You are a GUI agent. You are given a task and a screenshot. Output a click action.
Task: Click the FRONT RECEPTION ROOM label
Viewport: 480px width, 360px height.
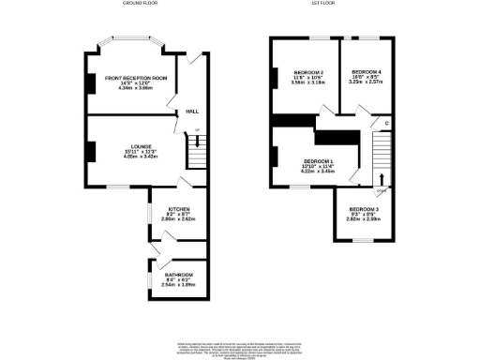(x=136, y=78)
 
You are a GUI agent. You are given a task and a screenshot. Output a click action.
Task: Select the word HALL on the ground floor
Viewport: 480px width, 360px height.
(x=192, y=111)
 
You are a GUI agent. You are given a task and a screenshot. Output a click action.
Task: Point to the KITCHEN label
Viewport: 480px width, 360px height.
(x=179, y=208)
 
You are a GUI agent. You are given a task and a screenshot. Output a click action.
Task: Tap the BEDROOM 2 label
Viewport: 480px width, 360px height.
(x=309, y=73)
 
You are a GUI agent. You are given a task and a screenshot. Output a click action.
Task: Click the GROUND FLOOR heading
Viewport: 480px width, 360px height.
(x=140, y=5)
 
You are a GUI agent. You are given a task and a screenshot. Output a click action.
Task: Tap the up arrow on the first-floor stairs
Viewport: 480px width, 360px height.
(x=382, y=179)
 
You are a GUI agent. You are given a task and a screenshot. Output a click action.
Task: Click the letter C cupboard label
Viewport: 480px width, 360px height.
(x=386, y=124)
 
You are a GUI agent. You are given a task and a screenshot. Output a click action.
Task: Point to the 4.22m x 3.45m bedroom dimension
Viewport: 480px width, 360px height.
(x=317, y=172)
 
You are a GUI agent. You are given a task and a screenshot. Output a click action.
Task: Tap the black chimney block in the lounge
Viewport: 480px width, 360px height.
(x=91, y=151)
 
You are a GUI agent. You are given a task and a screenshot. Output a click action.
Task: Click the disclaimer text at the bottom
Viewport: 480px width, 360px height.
(x=240, y=348)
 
